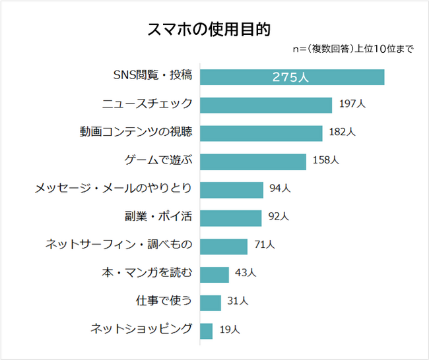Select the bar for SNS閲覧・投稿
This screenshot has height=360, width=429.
coord(292,76)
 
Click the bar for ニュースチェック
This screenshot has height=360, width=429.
coord(265,105)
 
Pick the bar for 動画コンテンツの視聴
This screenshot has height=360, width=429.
coord(261,133)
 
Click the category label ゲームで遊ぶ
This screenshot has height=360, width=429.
coord(158,160)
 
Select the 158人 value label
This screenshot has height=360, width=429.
coord(326,160)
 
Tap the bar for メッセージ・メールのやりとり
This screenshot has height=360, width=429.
coord(231,189)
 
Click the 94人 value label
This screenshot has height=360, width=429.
coord(280,189)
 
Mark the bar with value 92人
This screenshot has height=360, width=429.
coord(230,218)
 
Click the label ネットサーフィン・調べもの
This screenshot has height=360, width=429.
coord(119,245)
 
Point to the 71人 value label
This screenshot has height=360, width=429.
coord(264,245)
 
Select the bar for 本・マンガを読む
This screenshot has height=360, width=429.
coord(214,274)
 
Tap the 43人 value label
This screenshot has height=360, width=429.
coord(246,274)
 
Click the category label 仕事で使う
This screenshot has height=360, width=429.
coord(163,301)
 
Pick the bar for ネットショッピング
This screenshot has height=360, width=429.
coord(206,330)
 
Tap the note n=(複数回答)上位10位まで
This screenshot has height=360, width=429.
coord(352,49)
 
